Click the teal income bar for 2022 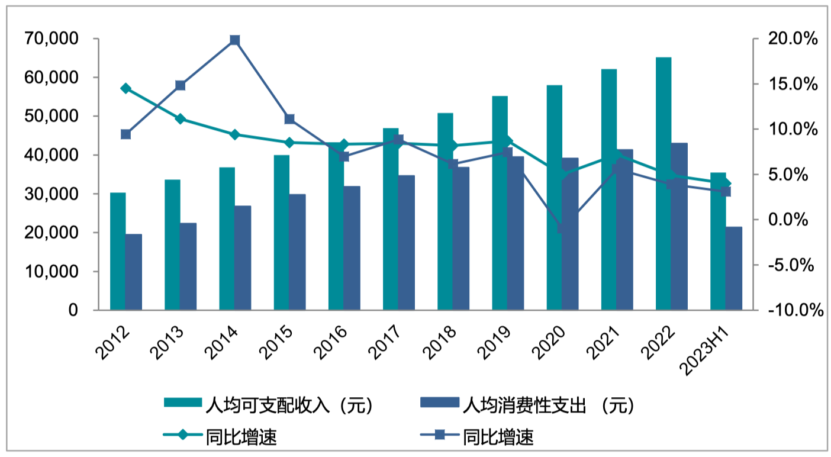pyautogui.click(x=663, y=184)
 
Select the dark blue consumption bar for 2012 pyautogui.click(x=133, y=272)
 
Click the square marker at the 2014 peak pyautogui.click(x=235, y=40)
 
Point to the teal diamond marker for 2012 pyautogui.click(x=125, y=88)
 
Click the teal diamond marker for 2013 pyautogui.click(x=181, y=119)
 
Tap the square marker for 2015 pyautogui.click(x=289, y=119)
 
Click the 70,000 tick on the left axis pyautogui.click(x=53, y=39)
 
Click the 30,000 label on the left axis pyautogui.click(x=53, y=194)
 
